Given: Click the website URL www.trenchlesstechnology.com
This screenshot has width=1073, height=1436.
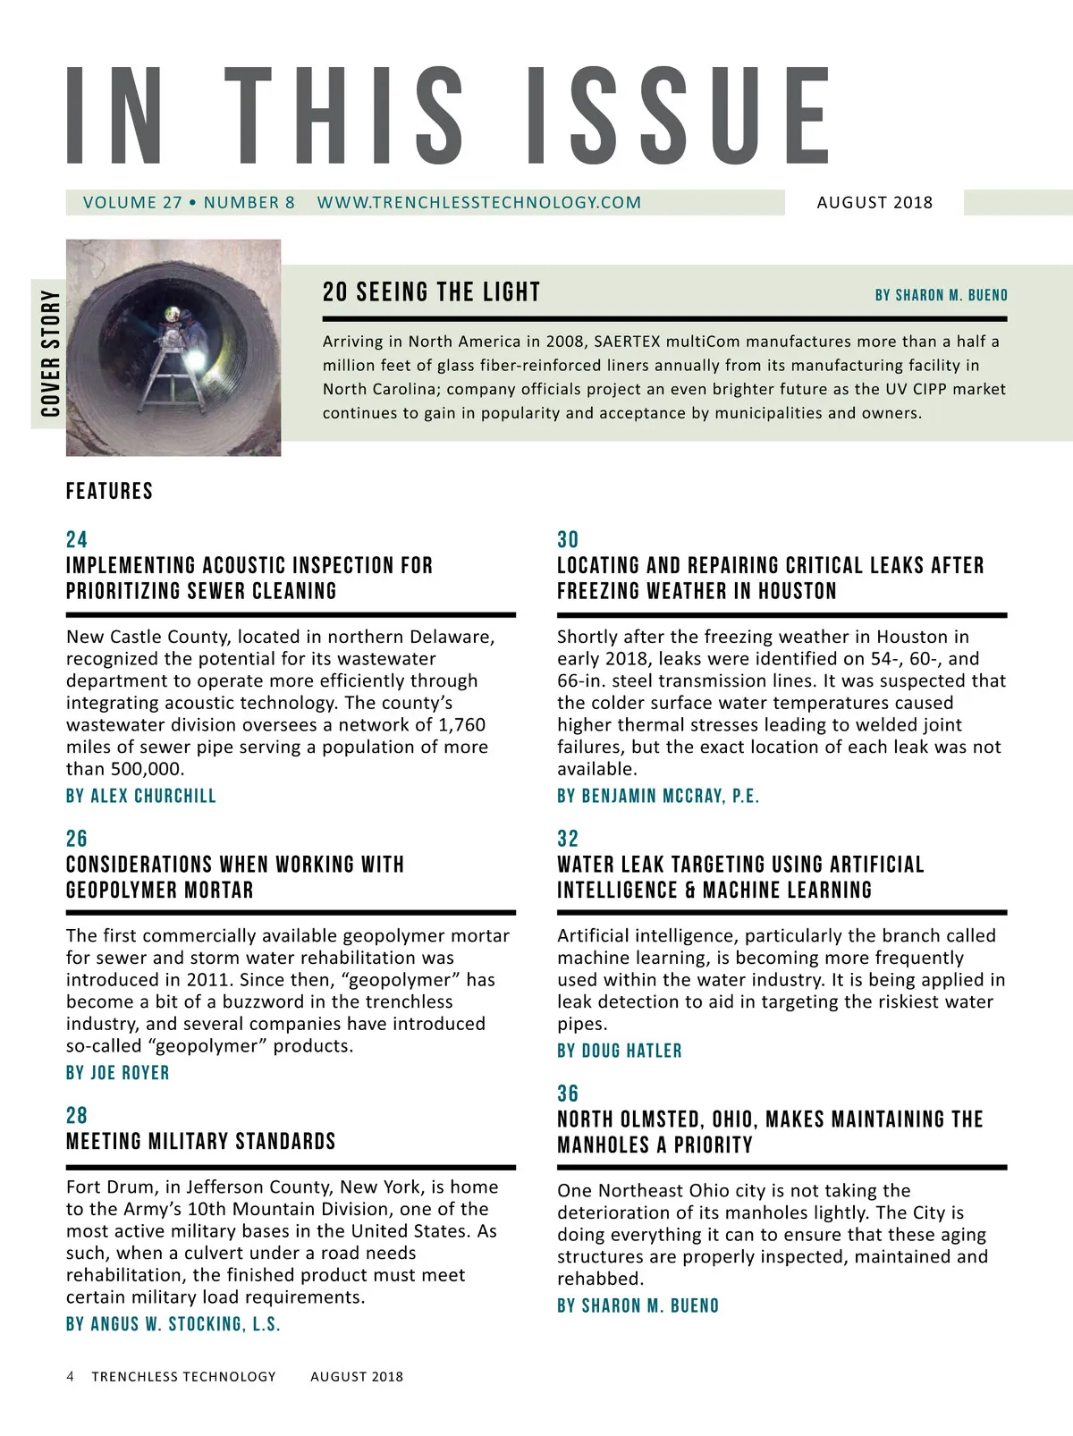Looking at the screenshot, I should click(x=478, y=202).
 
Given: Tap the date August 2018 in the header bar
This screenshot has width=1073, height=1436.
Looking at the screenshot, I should click(x=874, y=202).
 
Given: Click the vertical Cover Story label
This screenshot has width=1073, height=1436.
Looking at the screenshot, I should click(x=50, y=353).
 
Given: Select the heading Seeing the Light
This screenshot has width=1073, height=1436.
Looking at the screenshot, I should click(x=431, y=292).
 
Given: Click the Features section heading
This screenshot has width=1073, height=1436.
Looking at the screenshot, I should click(x=109, y=491).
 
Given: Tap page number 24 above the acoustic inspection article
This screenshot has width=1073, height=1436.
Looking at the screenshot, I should click(x=77, y=539).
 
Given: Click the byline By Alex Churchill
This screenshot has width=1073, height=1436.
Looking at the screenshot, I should click(x=140, y=796).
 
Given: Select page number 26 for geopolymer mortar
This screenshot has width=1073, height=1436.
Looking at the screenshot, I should click(x=77, y=839).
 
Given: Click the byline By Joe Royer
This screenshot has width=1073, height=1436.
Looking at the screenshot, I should click(x=117, y=1073).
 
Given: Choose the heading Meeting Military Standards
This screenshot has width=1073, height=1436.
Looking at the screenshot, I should click(x=200, y=1141).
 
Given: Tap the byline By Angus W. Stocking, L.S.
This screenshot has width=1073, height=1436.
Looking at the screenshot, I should click(x=173, y=1324).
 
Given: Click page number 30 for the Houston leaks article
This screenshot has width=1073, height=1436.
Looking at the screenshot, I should click(x=568, y=539).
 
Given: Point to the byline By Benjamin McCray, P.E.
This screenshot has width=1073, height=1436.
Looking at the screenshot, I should click(x=657, y=796).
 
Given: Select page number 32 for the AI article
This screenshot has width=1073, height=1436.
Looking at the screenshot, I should click(x=568, y=839).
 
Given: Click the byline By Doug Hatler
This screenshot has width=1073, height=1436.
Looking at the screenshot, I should click(x=619, y=1051).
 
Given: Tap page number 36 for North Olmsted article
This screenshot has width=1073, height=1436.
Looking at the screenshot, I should click(x=568, y=1094).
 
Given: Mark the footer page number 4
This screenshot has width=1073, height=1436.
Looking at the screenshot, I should click(x=71, y=1376).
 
